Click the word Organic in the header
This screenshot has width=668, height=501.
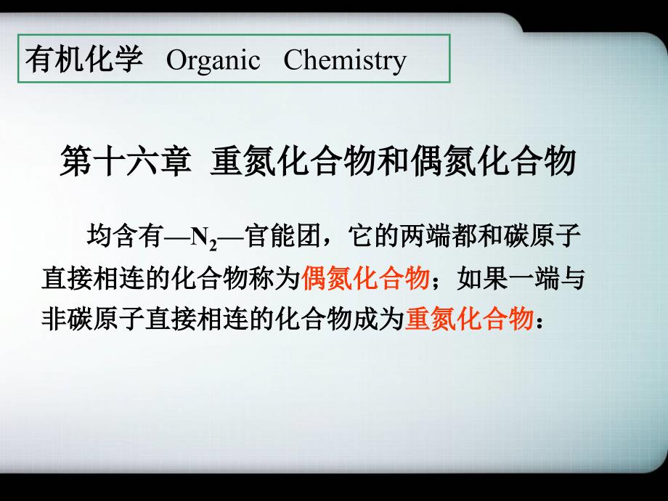click(213, 60)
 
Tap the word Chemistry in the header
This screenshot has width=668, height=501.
click(345, 60)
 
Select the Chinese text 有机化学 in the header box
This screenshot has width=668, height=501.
click(84, 59)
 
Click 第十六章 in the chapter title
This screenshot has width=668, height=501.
click(125, 161)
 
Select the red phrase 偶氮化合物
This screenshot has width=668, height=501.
click(365, 279)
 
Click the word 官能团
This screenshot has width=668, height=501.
click(282, 235)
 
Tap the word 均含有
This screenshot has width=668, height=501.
click(125, 235)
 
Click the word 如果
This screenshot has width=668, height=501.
click(482, 279)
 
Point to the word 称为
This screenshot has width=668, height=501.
click(274, 279)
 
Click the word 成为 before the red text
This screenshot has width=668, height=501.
click(379, 319)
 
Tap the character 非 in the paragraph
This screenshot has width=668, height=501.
click(54, 319)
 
